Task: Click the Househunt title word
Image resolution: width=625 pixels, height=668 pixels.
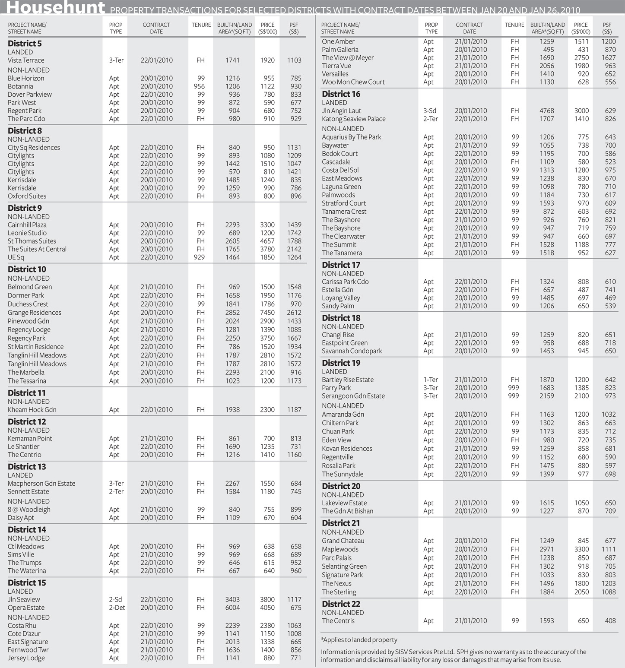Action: coord(55,7)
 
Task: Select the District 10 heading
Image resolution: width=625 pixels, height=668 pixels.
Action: coord(27,269)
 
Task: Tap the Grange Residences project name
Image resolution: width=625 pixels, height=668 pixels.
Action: coord(35,313)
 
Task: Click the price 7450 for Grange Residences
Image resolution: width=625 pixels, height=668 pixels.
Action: coord(267,313)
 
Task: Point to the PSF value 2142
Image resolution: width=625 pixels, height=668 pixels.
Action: coord(294,249)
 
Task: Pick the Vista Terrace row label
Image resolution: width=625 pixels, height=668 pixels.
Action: coord(26,60)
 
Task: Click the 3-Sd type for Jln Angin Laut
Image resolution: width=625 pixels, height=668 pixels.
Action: coord(429,111)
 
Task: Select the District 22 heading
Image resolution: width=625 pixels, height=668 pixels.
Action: coord(341,604)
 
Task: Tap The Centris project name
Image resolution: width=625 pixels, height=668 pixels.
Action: coord(338,621)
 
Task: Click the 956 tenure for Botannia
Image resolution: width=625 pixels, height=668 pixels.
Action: coord(199,86)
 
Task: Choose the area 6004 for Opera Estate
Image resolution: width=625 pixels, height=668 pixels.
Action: coord(232,608)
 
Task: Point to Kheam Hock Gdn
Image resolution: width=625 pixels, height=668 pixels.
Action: coord(32,410)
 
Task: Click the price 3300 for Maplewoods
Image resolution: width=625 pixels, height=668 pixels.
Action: coord(581,549)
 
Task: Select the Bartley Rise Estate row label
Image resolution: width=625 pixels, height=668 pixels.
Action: coord(348,380)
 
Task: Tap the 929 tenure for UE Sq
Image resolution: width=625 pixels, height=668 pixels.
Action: coord(199,257)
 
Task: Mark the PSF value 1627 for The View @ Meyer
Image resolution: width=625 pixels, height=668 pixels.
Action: coord(609,58)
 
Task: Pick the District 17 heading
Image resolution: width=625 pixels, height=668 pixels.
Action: coord(341,265)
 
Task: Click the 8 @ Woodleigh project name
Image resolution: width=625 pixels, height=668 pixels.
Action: coord(29,510)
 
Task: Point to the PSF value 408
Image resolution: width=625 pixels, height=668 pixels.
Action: coord(610,621)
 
